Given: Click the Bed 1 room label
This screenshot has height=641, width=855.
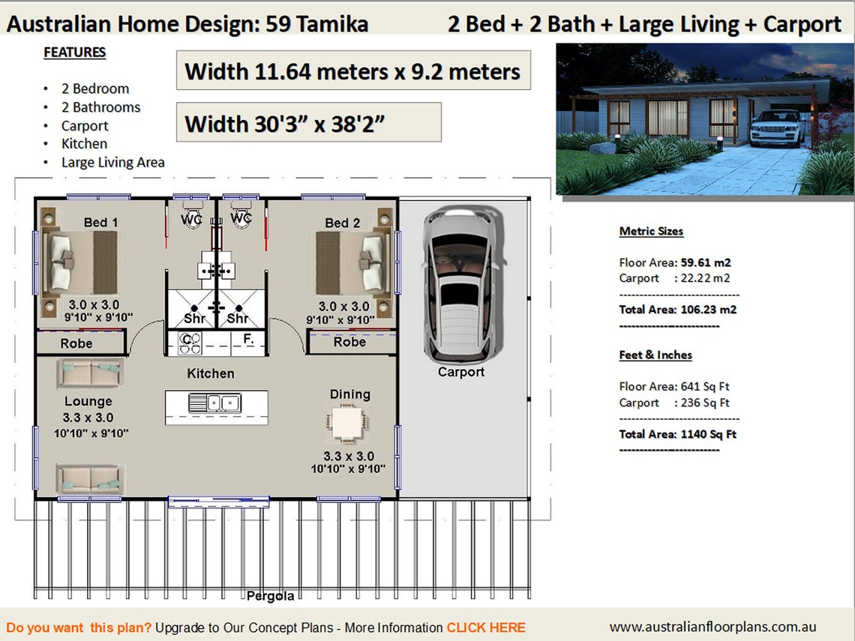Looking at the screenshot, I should [100, 222].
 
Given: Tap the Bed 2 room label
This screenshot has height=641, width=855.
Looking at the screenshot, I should [342, 222].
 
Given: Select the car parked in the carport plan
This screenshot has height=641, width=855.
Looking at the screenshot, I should [460, 284].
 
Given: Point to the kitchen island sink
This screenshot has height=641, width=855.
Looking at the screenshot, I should [214, 403].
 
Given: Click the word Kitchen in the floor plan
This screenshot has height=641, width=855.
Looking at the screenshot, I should [211, 373].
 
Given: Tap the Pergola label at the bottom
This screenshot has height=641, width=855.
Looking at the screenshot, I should [270, 596].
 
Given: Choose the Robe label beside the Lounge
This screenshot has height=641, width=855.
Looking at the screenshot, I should [76, 343].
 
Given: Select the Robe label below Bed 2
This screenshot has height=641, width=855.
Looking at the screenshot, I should [349, 342].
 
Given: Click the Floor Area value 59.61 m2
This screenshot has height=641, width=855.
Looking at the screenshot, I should [705, 262].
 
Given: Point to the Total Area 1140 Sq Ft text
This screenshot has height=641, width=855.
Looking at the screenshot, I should [677, 434].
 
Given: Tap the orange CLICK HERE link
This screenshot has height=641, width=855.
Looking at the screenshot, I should [486, 628].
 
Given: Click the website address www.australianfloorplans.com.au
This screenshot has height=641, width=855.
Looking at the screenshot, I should [712, 627].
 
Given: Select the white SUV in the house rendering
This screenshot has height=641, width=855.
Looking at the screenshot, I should [776, 128].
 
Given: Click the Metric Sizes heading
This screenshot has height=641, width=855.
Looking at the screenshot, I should [651, 231].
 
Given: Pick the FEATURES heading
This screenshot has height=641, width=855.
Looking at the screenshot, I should [74, 52].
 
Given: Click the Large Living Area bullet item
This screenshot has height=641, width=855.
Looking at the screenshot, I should [113, 162].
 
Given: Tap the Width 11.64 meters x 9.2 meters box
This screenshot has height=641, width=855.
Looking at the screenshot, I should [353, 71].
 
